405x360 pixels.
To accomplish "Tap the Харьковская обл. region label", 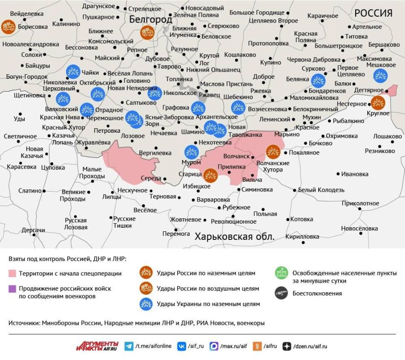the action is tap(234, 236).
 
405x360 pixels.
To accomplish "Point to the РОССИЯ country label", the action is tap(373, 13).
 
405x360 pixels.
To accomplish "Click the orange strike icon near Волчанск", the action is tap(273, 152).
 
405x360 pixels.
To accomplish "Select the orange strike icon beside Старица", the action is tap(210, 175).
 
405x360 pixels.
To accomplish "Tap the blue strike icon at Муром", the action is tap(191, 152).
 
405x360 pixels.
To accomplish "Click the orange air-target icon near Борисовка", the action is tap(8, 27).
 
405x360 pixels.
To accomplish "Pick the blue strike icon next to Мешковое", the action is tap(380, 76).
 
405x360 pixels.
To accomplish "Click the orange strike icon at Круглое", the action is tap(378, 103).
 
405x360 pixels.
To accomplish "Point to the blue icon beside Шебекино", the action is tap(238, 108).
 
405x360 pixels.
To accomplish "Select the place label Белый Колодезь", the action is tap(321, 190).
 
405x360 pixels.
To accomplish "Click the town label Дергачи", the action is tap(33, 230).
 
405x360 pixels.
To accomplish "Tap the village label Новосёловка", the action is tap(359, 229).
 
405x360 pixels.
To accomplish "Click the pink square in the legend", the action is tap(12, 273).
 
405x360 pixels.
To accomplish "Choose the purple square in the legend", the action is tap(12, 288).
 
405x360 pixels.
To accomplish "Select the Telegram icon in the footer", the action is tap(129, 346).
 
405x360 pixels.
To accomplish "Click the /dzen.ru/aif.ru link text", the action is tap(310, 346).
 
